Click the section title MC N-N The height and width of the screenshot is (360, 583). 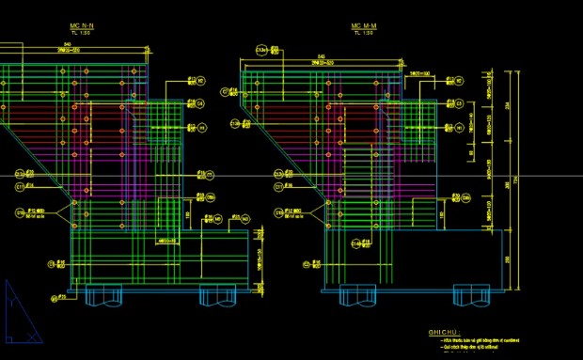click(x=81, y=27)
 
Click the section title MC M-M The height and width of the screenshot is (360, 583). click(x=362, y=27)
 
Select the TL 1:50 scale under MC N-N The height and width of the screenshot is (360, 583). click(x=81, y=34)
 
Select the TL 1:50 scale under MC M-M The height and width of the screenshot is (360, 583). click(x=362, y=34)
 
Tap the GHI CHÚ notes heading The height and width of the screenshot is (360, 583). click(x=441, y=332)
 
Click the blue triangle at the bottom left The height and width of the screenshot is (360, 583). click(x=19, y=315)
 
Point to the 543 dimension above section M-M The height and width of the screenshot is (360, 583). click(x=322, y=57)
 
